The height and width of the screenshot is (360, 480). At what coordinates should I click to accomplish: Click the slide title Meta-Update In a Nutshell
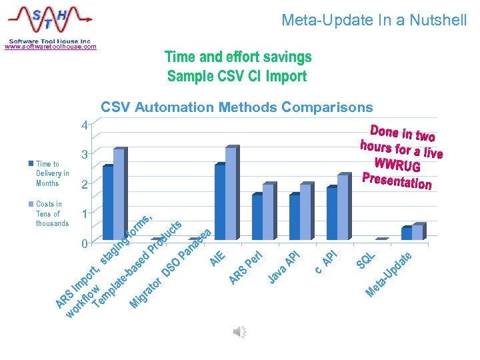click(374, 20)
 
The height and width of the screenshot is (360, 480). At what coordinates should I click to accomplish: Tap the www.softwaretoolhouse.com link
click(50, 47)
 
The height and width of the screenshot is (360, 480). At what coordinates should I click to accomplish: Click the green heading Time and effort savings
click(238, 57)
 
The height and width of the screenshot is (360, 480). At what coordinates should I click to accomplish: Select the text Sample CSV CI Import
click(237, 76)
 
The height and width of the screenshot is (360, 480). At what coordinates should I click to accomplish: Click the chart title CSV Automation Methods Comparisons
click(237, 107)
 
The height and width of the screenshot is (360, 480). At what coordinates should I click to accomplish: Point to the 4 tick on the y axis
click(83, 125)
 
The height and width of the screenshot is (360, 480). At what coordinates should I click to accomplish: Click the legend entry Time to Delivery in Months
click(52, 173)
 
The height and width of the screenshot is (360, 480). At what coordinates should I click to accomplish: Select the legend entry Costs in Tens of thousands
click(52, 213)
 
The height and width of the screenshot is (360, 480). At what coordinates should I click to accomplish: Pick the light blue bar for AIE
click(231, 193)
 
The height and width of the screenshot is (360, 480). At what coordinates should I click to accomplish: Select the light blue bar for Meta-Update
click(417, 231)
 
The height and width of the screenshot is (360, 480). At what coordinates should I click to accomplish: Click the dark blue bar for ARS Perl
click(257, 217)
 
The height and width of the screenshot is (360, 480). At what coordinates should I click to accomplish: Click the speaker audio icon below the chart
click(240, 331)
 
